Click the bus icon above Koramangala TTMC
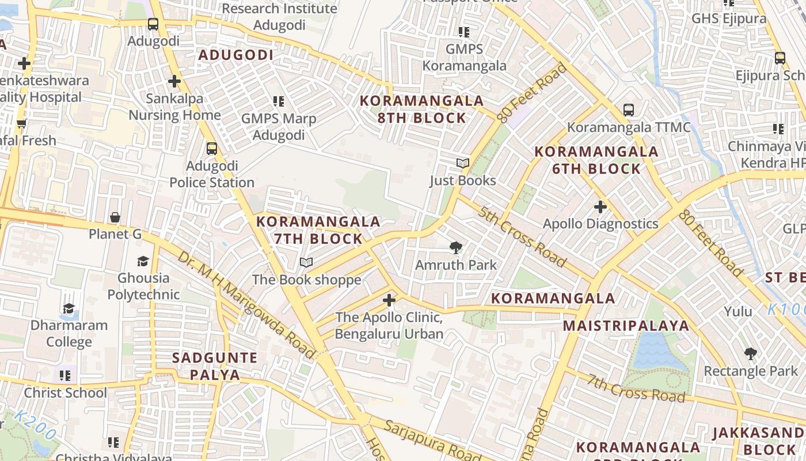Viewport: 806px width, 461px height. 629,109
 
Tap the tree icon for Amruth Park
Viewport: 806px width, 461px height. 456,248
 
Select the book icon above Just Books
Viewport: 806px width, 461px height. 463,164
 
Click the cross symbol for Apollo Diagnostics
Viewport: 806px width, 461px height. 600,206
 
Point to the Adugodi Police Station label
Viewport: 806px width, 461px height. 212,175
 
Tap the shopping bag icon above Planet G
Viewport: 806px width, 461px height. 115,218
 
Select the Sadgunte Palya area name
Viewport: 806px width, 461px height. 215,366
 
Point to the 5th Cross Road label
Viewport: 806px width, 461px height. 522,236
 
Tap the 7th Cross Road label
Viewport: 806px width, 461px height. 636,388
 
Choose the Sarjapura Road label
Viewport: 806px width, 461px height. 432,441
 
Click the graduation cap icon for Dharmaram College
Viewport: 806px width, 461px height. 69,308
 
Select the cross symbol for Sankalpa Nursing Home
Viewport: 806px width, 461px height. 174,81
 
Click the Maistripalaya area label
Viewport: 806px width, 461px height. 626,326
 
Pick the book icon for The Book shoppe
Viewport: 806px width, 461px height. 306,263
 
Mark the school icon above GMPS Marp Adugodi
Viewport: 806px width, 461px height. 279,102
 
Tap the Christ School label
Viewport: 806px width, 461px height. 65,393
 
